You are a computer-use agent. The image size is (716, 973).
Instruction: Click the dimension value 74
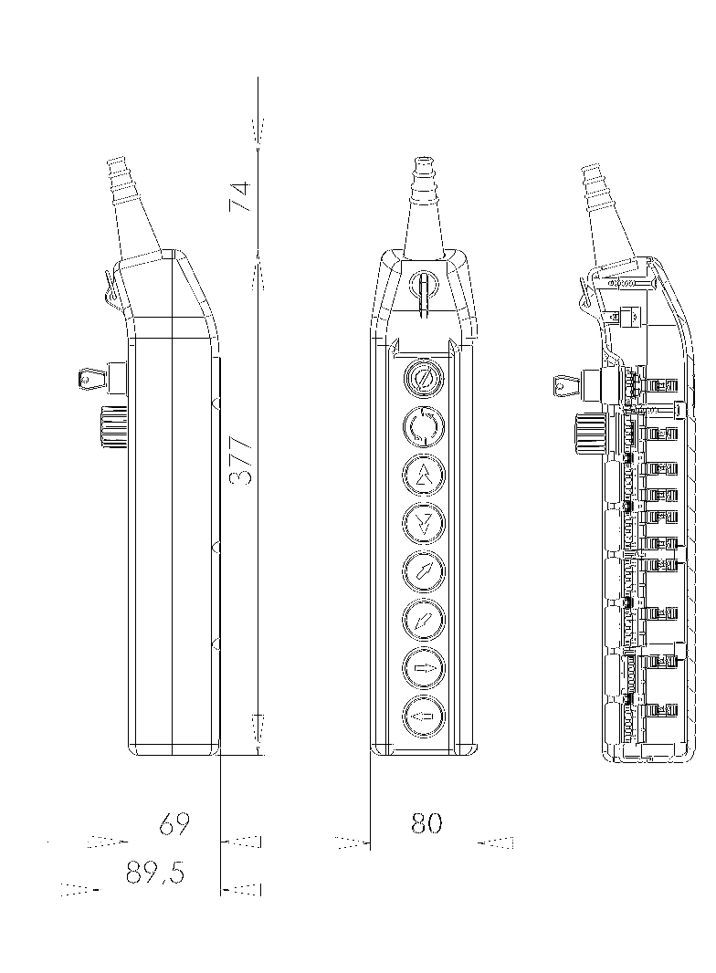point(239,197)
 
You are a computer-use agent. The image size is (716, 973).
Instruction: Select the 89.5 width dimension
point(155,874)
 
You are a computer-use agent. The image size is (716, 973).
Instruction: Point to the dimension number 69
point(174,824)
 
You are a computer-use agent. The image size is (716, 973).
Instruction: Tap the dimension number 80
point(426,823)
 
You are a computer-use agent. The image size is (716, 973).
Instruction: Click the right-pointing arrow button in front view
point(423,668)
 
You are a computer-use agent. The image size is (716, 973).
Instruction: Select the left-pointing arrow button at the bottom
point(423,717)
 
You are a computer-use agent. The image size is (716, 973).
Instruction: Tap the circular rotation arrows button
point(423,425)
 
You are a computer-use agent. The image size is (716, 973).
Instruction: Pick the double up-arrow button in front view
point(423,474)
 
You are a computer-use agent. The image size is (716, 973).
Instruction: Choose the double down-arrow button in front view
point(423,522)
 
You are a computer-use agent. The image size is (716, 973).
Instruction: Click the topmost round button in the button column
point(423,377)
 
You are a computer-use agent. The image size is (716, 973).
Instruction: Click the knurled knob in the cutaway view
point(593,430)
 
